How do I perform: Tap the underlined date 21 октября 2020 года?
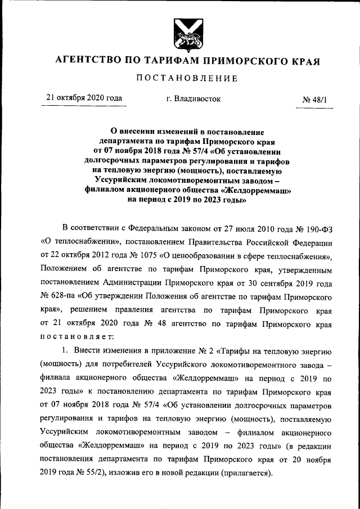[x=84, y=98]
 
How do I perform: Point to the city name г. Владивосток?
[x=193, y=98]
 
